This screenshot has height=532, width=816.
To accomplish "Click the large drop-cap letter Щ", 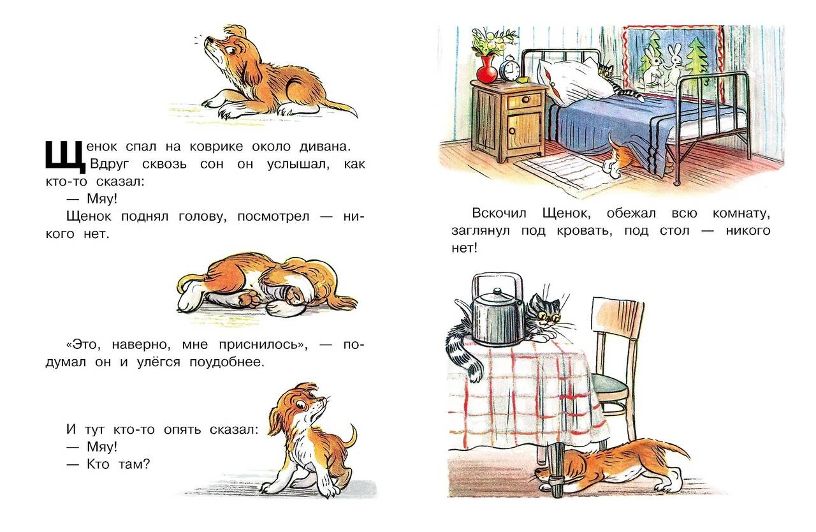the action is point(66,157).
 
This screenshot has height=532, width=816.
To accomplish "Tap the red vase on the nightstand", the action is point(486,70).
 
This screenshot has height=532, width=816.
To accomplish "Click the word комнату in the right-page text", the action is point(741,214).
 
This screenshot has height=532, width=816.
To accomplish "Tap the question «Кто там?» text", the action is point(119,464).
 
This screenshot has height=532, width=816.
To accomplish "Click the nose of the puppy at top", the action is point(207,39).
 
